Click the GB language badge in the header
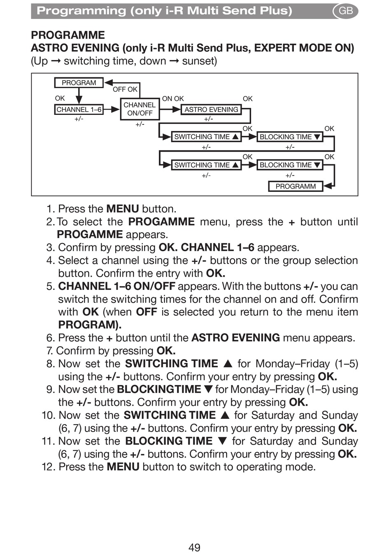[x=345, y=11]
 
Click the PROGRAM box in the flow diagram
[x=79, y=83]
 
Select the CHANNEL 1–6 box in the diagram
[x=79, y=110]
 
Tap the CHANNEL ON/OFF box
[x=140, y=109]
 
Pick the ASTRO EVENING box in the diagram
[x=211, y=110]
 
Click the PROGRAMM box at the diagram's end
[x=296, y=186]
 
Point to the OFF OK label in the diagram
[x=125, y=89]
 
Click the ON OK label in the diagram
[x=173, y=99]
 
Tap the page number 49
[x=194, y=547]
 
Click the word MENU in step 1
[x=122, y=209]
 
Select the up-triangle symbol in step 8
[x=228, y=364]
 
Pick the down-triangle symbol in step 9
[x=208, y=390]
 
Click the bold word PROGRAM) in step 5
[x=90, y=325]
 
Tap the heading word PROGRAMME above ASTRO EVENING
[x=68, y=35]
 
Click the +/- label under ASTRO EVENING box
[x=209, y=119]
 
